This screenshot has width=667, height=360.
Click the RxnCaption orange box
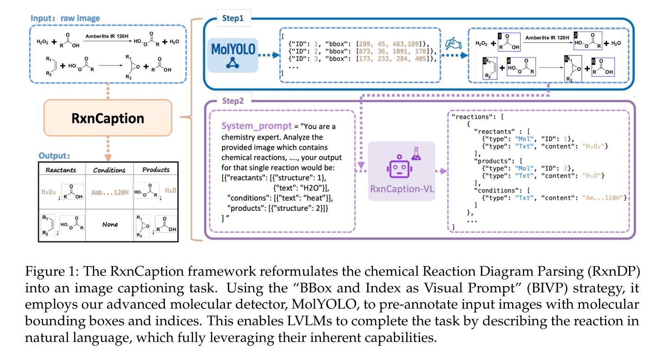(107, 119)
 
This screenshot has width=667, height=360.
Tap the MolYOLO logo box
(233, 55)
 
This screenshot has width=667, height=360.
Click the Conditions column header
(110, 170)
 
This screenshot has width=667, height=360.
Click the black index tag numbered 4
(508, 61)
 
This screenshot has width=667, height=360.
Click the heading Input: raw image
(65, 18)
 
